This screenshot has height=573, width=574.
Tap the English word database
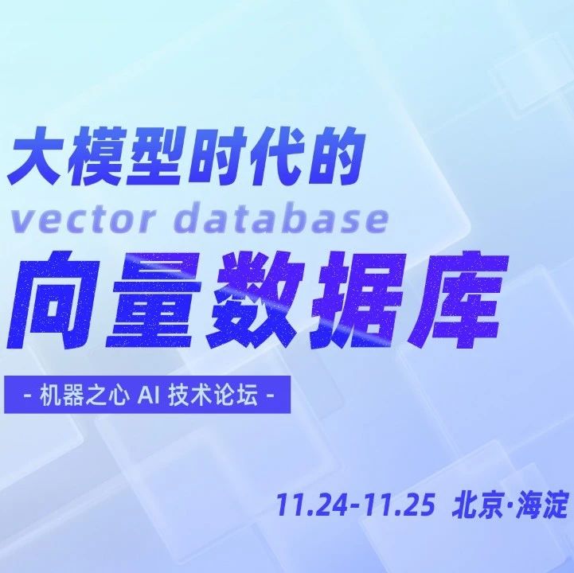point(281,218)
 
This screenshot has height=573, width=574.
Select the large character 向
point(55,300)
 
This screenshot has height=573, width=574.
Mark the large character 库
point(459,300)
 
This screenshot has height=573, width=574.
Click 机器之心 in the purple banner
point(84,396)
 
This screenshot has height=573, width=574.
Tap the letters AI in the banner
point(149,396)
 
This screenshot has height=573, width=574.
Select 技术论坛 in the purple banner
point(213,396)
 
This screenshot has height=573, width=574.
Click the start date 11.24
point(311,505)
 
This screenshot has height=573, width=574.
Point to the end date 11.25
point(399,505)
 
